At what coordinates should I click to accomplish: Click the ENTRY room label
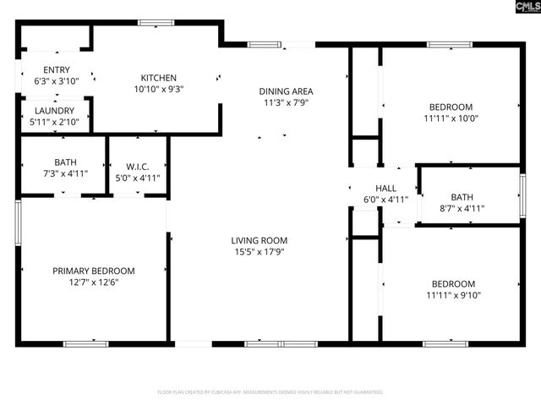click(x=52, y=70)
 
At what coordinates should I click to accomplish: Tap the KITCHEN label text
click(x=158, y=78)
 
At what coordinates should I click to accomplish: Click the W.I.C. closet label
click(x=138, y=167)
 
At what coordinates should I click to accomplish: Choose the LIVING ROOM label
click(x=260, y=240)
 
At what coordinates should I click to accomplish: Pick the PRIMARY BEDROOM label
click(x=93, y=271)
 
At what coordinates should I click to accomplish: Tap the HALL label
click(x=385, y=189)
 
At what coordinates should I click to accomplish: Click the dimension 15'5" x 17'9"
click(x=260, y=251)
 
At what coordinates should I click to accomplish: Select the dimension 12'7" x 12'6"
click(x=93, y=282)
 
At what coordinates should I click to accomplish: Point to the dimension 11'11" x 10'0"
click(x=451, y=118)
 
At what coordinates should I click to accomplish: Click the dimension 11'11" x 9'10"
click(x=451, y=295)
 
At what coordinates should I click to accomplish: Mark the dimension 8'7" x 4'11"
click(x=462, y=207)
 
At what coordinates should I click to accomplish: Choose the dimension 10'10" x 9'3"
click(x=158, y=89)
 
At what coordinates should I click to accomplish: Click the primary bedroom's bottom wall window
click(x=86, y=343)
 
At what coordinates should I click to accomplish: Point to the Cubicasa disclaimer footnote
click(x=270, y=392)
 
